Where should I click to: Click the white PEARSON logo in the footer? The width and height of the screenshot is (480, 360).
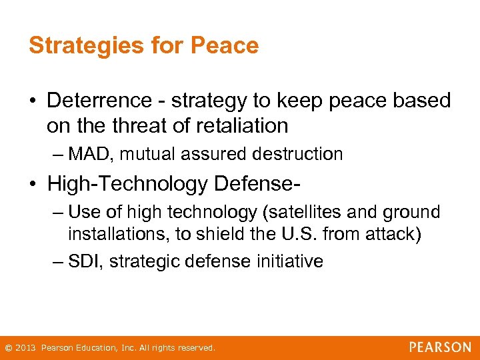[440, 347]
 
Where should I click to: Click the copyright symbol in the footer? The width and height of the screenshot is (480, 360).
[8, 348]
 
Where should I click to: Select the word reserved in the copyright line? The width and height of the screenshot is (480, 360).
[197, 348]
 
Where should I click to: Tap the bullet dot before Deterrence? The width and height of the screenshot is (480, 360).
[33, 101]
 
